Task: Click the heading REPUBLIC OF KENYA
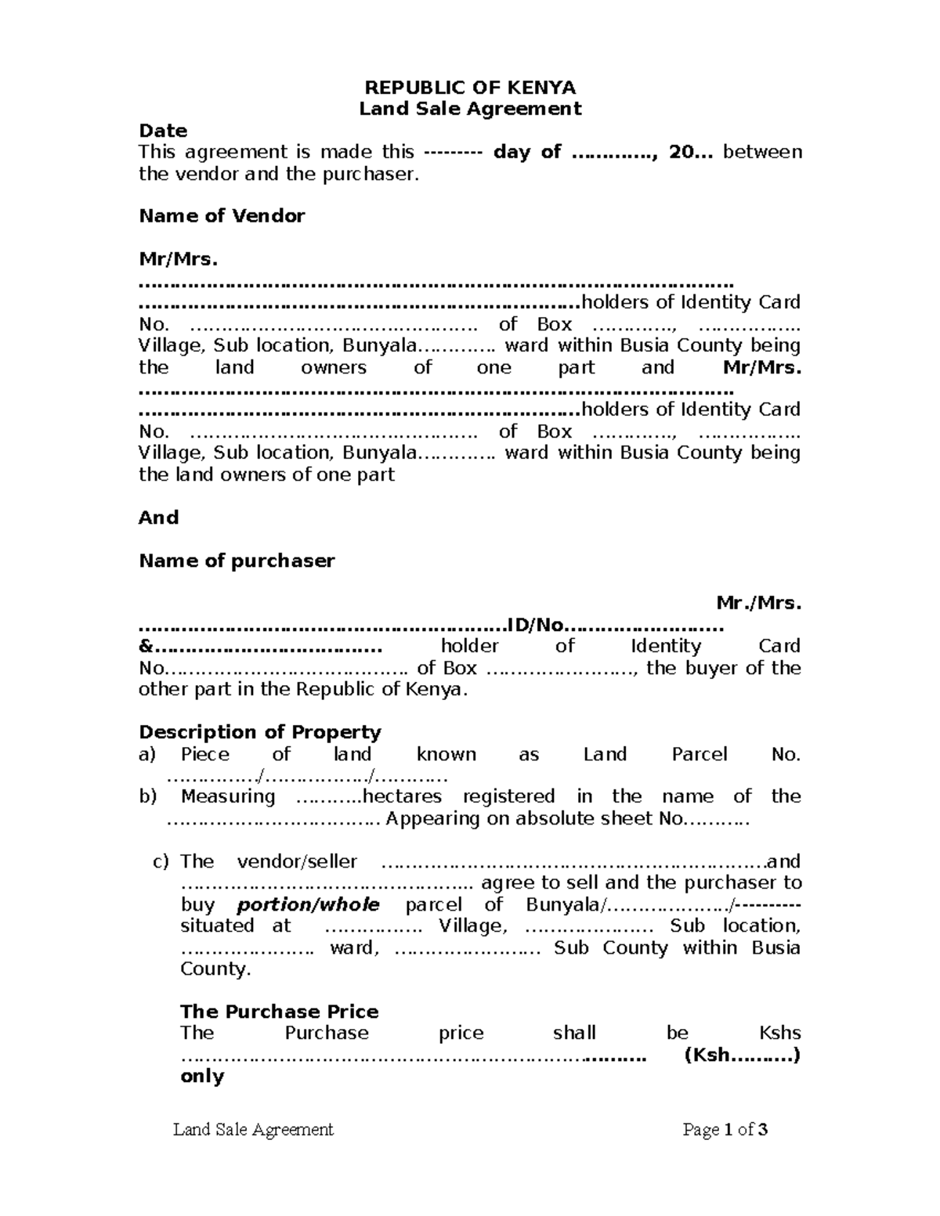[470, 87]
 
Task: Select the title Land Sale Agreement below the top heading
[470, 109]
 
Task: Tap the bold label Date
[163, 131]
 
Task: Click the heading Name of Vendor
[222, 216]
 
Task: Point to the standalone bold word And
[158, 518]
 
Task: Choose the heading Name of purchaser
[237, 561]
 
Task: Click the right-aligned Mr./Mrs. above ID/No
[759, 604]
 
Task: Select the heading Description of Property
[260, 732]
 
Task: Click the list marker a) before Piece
[147, 755]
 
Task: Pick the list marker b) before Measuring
[147, 797]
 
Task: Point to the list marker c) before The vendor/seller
[161, 862]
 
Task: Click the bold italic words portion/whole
[308, 905]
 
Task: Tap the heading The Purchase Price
[280, 1012]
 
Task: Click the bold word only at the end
[202, 1077]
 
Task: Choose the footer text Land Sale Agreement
[253, 1129]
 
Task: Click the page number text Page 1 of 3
[725, 1129]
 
